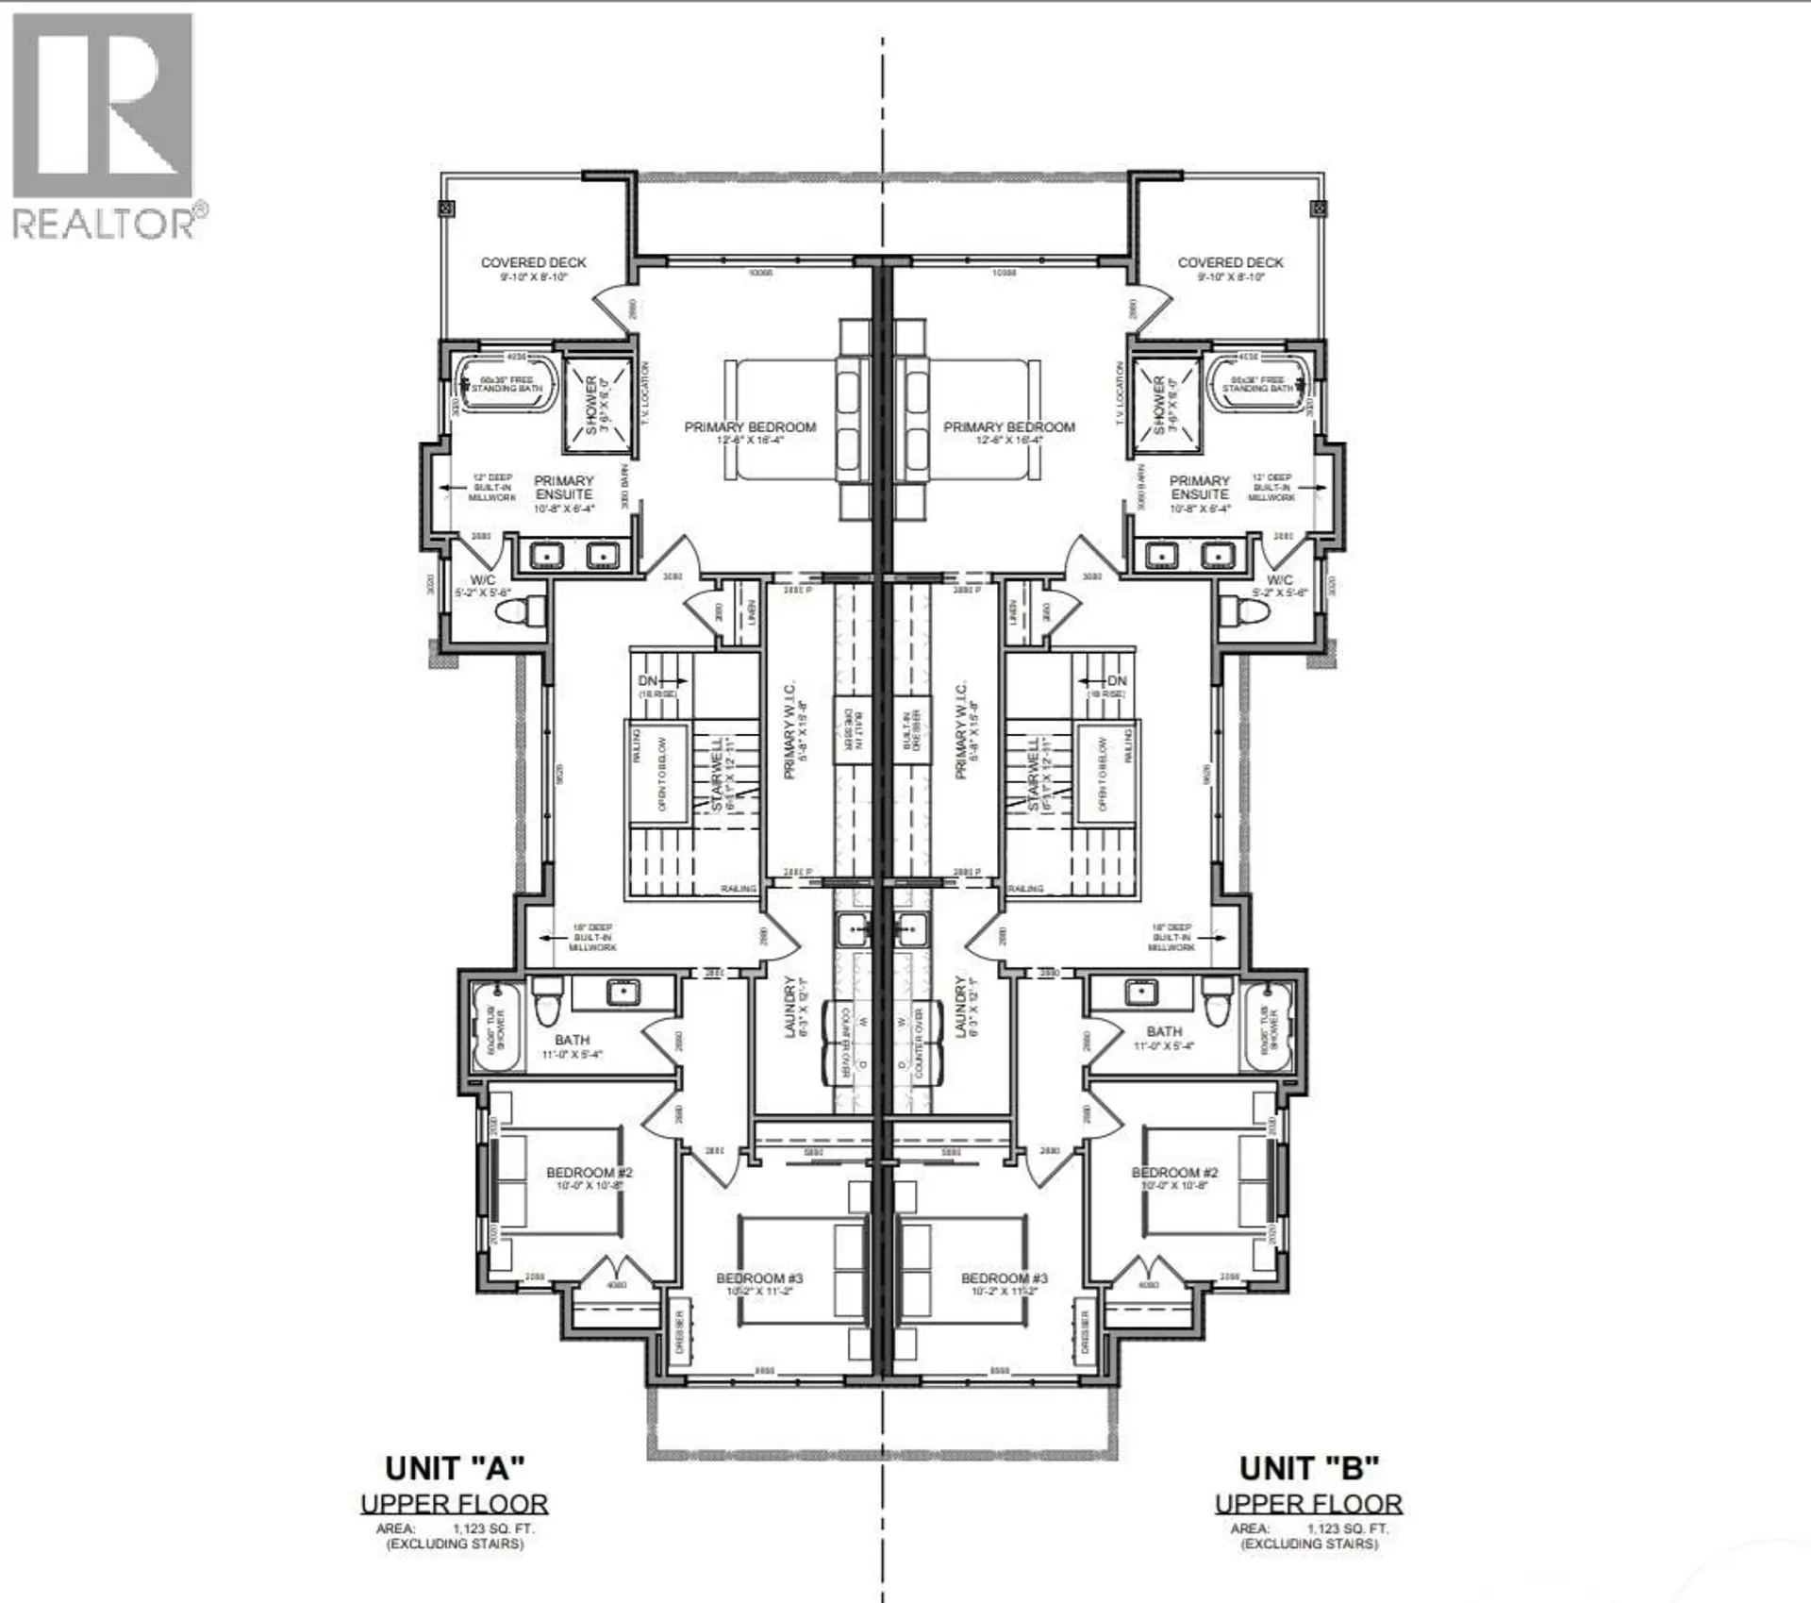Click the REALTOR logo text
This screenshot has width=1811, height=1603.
coord(104,225)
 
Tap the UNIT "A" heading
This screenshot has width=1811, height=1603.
coord(454,1468)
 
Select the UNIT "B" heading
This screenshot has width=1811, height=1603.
coord(1308,1468)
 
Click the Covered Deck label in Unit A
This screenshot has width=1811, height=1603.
coord(533,263)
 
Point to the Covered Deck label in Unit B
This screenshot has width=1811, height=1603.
coord(1230,263)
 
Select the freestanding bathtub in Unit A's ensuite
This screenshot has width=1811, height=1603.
coord(507,385)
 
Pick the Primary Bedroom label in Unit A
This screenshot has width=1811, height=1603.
coord(750,427)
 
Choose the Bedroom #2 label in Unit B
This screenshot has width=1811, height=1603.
coord(1174,1173)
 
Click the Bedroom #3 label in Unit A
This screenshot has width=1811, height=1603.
coord(758,1278)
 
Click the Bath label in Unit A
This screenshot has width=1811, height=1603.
coord(573,1040)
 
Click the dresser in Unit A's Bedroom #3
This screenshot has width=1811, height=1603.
coord(679,1331)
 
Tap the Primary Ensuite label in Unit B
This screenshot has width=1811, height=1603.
coord(1200,487)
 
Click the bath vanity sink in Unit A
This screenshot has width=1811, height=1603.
coord(623,993)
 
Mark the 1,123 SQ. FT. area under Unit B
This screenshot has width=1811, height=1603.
coord(1347,1528)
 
